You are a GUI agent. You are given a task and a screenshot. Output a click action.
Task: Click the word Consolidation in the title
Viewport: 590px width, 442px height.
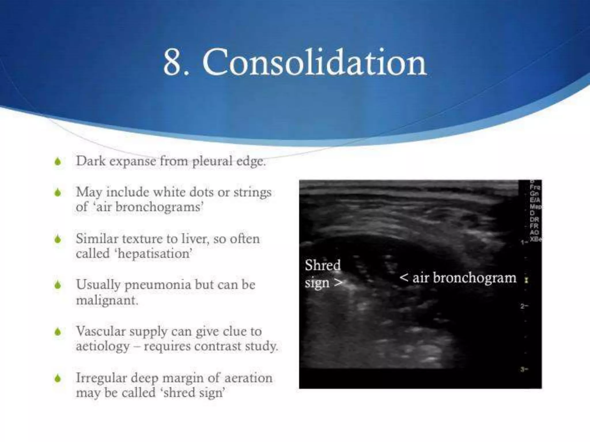click(314, 63)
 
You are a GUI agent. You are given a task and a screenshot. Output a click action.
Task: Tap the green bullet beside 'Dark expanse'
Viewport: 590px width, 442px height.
click(58, 162)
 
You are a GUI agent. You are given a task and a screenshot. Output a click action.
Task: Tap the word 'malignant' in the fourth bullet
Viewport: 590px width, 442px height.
click(107, 300)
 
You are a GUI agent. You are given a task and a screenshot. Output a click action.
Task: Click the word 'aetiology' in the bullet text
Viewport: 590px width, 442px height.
click(103, 346)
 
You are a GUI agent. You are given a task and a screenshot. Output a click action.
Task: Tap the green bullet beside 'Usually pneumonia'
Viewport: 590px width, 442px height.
click(58, 285)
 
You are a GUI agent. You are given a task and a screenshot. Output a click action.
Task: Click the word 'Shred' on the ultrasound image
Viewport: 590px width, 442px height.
click(323, 265)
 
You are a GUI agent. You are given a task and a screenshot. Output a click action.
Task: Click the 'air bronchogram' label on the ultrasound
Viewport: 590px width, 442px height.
click(464, 278)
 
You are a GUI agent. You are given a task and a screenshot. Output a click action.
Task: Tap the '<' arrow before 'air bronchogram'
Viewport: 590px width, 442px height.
click(404, 278)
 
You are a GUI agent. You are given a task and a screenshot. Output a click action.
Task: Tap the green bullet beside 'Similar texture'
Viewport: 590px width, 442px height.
click(58, 239)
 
